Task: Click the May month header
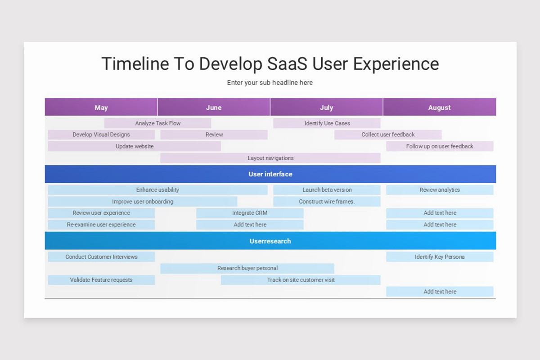coord(101,108)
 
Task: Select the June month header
coord(214,108)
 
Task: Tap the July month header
coord(326,108)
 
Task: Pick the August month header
coord(439,108)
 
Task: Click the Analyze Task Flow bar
coord(157,123)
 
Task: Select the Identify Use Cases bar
coord(327,123)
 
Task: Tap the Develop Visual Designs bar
coord(101,135)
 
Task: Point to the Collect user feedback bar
coord(388,135)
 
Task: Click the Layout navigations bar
coord(270,158)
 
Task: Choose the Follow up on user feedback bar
coord(440,146)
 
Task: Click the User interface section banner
coord(270,174)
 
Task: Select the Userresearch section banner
coord(270,241)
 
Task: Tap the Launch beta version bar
coord(327,190)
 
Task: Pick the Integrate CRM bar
coord(250,213)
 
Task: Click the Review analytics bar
coord(440,190)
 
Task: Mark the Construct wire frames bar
coord(327,202)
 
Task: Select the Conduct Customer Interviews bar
coord(101,257)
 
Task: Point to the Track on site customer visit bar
coord(301,280)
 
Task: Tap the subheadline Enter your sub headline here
coord(270,83)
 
